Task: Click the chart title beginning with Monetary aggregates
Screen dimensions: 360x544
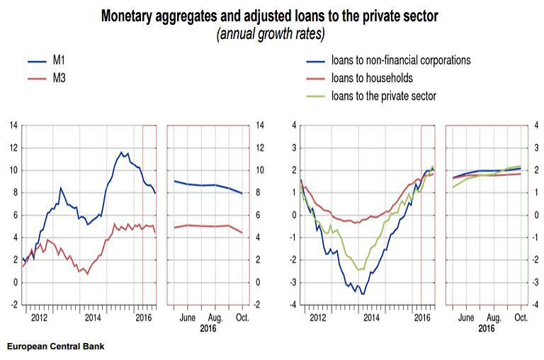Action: [271, 15]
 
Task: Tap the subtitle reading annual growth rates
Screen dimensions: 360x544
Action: [271, 33]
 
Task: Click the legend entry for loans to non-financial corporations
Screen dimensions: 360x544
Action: [400, 60]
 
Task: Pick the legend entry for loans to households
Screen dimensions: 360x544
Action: [371, 78]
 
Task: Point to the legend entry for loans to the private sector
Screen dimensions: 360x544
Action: [383, 96]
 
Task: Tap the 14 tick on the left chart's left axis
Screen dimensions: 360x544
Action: [13, 125]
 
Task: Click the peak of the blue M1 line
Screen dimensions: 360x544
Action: [121, 152]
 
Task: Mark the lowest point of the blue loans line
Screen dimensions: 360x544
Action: [363, 293]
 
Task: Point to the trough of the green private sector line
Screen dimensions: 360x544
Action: [360, 270]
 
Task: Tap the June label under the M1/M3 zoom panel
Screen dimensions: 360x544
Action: [188, 318]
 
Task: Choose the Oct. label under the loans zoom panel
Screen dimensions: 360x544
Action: [520, 318]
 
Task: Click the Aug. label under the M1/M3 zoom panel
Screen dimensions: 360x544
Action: [215, 318]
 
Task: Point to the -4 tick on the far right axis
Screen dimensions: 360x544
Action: [536, 305]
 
